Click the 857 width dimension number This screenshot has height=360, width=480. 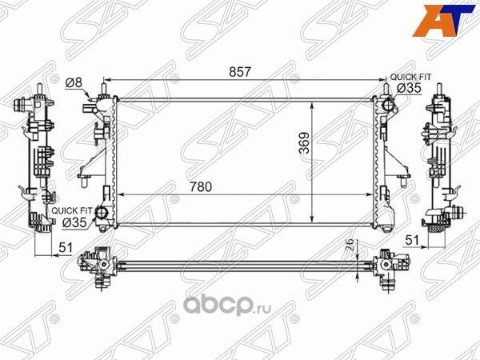point(240,72)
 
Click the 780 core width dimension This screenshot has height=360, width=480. point(202,186)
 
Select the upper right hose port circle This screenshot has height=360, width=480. point(387,105)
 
